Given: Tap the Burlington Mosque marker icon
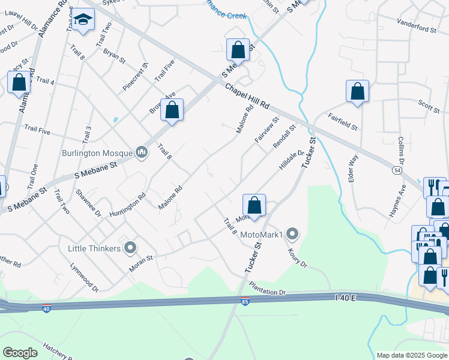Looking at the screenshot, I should coord(142,153).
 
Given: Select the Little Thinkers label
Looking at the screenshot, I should coord(94,247).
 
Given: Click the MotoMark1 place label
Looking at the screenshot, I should coord(261,234).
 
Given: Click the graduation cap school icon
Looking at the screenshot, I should coord(84,19).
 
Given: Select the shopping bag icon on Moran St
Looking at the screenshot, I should coord(255,205).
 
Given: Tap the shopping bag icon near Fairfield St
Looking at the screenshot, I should coord(357,91).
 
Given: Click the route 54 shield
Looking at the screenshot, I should coord(398,170).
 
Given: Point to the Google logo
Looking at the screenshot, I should coord(20,352).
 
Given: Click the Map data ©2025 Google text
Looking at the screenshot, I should coord(411,355).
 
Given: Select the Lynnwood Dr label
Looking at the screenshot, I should coord(83,278).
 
